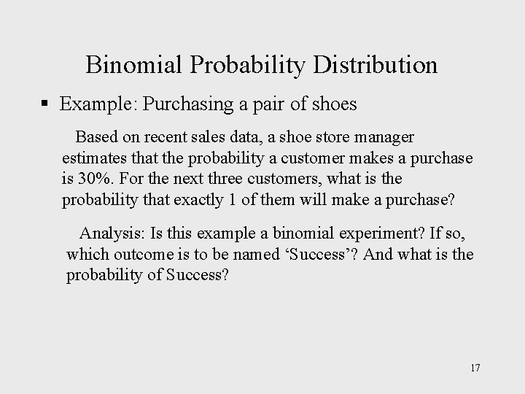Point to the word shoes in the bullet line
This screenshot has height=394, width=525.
(334, 104)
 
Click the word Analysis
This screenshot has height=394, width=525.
(111, 233)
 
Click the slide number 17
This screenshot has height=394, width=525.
(475, 367)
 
